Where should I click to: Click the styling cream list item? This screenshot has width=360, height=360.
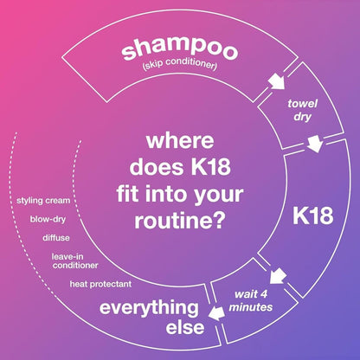pyautogui.click(x=43, y=200)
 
